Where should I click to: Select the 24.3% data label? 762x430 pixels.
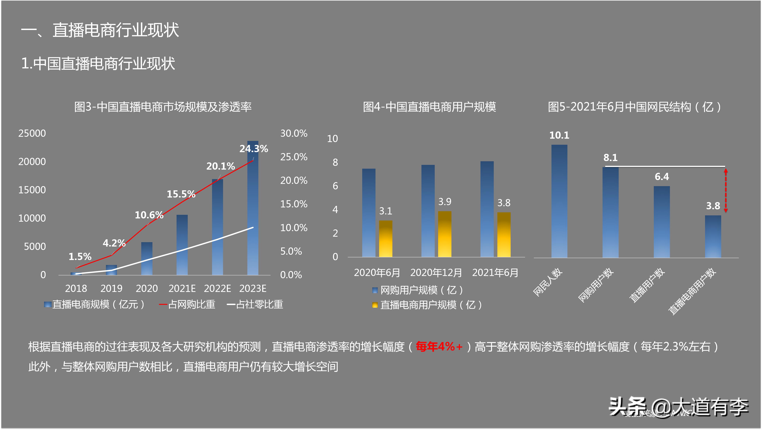(253, 149)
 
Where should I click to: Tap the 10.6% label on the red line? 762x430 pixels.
(149, 215)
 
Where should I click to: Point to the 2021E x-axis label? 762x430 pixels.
(182, 289)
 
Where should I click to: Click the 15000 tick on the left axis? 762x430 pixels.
(32, 190)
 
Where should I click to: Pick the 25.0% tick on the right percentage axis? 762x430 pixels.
(294, 157)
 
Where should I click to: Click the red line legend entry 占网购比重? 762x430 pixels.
(187, 304)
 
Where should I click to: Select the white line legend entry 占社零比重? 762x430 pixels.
(255, 304)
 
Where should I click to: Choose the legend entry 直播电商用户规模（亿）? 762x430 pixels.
(428, 305)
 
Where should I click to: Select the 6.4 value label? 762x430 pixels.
(662, 177)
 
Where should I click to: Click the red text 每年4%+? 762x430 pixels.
(439, 347)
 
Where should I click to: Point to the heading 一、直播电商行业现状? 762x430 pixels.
(100, 30)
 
